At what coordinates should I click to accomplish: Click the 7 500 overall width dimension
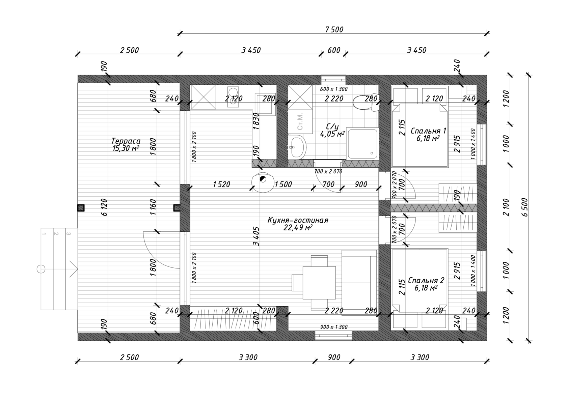334,30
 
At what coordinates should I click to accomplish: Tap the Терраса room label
126,141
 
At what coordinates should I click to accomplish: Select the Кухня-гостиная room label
298,220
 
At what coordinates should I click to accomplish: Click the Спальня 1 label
428,131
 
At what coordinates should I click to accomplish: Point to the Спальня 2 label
426,280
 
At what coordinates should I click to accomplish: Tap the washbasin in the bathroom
297,146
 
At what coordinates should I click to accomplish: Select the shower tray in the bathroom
362,143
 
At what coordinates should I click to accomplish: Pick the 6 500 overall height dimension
525,207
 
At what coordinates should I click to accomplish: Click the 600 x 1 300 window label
333,89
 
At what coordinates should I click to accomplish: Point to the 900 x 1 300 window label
333,327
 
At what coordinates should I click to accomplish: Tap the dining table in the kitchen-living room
319,282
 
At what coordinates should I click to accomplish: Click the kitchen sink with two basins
233,97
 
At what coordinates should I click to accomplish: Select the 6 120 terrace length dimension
104,207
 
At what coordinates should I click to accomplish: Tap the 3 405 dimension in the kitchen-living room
256,236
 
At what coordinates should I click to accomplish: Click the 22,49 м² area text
298,227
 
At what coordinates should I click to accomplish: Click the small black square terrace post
81,208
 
